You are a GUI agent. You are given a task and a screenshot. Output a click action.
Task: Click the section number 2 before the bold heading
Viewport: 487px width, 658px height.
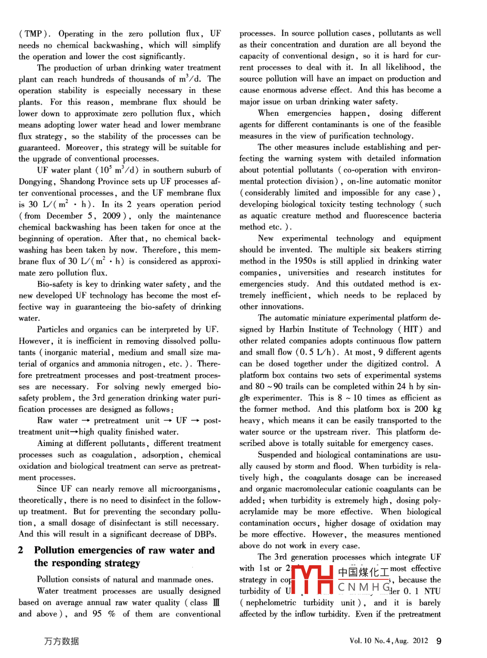tap(21, 551)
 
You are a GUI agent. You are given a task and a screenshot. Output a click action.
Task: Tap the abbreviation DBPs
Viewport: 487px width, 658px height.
tap(205, 534)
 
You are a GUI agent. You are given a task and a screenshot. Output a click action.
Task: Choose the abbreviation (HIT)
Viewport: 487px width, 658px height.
tap(410, 330)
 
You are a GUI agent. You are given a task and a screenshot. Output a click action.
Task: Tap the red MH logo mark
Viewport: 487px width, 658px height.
tap(312, 580)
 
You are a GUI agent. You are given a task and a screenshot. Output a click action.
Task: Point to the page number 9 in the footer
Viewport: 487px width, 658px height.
tap(439, 641)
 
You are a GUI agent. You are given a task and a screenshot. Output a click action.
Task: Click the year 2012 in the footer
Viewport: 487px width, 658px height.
tap(420, 641)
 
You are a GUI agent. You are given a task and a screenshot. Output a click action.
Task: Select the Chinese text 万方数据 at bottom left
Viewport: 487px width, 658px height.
tap(61, 641)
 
